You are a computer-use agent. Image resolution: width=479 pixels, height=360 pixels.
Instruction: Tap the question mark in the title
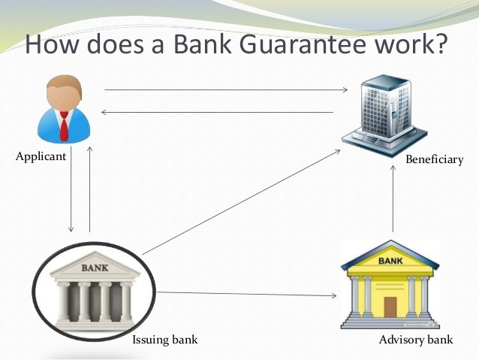[x=440, y=43]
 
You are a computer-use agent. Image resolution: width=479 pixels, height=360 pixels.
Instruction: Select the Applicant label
[x=41, y=156]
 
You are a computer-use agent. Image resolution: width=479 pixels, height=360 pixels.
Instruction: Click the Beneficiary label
[x=435, y=159]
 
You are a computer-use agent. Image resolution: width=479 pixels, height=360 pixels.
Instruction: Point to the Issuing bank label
[x=165, y=340]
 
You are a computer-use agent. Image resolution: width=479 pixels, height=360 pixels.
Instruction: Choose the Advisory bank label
[x=416, y=340]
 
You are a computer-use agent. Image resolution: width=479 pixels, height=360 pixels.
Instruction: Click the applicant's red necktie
[x=64, y=126]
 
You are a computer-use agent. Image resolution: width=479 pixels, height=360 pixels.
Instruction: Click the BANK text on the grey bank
[x=95, y=268]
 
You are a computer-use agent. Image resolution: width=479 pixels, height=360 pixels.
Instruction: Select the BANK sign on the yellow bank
[x=390, y=261]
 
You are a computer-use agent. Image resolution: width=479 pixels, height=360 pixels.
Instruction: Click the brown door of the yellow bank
[x=390, y=307]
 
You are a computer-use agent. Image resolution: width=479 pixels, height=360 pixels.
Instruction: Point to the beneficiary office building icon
[x=384, y=116]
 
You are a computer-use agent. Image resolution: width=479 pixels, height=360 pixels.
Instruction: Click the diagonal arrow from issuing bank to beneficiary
[x=241, y=202]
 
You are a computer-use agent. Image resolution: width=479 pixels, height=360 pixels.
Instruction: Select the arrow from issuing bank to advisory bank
[x=247, y=294]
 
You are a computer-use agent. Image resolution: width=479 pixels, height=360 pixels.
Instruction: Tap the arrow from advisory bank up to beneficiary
[x=393, y=199]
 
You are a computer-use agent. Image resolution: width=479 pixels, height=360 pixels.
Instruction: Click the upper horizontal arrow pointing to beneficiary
[x=227, y=89]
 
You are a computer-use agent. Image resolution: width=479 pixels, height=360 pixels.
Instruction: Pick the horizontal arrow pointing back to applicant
[x=217, y=112]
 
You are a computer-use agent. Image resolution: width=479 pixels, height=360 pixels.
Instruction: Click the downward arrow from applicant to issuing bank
[x=71, y=189]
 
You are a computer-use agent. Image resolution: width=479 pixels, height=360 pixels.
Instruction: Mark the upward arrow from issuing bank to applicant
[x=89, y=189]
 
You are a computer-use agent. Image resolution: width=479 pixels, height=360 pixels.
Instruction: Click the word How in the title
[x=52, y=44]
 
